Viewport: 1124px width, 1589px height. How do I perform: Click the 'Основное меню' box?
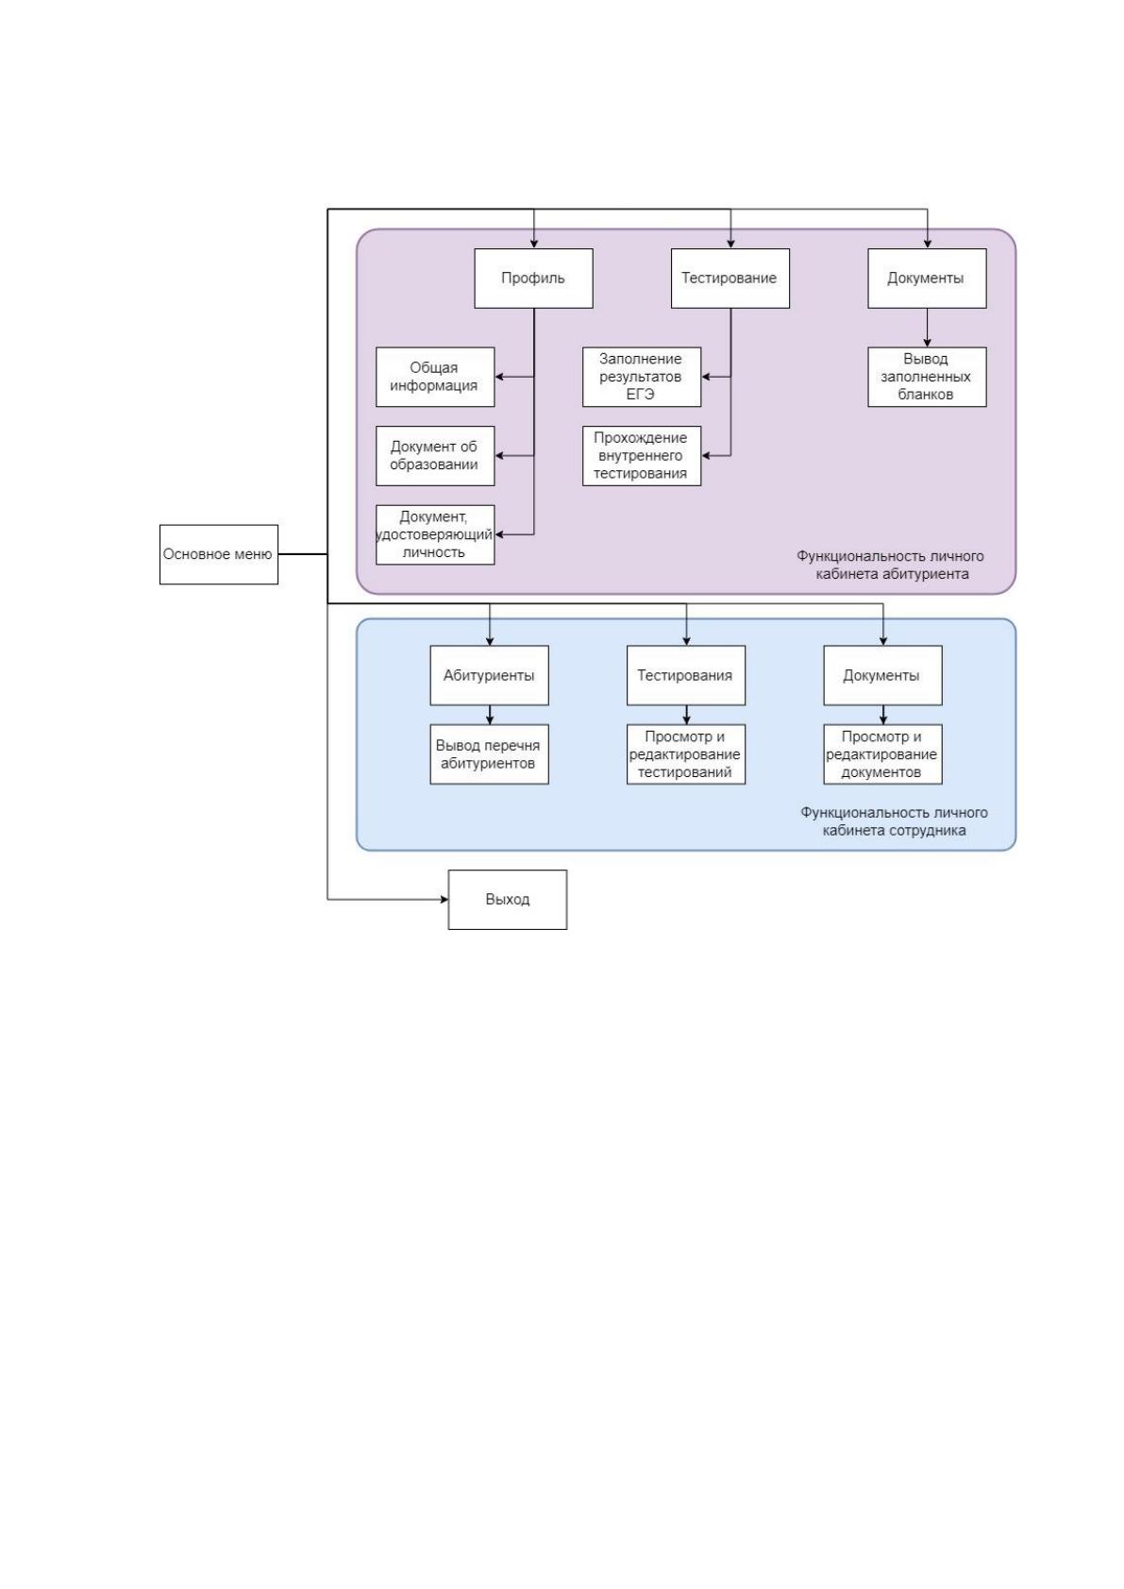click(218, 554)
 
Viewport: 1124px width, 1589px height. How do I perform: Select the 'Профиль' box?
click(533, 279)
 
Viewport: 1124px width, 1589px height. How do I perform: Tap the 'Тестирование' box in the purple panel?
click(730, 279)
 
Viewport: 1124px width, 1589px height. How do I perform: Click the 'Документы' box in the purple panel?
click(927, 279)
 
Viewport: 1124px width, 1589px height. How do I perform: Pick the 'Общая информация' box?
click(435, 377)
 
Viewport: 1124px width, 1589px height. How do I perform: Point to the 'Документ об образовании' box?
click(435, 455)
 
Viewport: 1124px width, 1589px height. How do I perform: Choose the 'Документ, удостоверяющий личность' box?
click(435, 534)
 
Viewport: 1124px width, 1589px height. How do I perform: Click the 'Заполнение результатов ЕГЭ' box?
click(642, 377)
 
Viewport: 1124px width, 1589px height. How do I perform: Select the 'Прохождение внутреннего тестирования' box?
click(642, 455)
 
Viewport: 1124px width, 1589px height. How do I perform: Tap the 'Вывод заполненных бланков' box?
click(927, 377)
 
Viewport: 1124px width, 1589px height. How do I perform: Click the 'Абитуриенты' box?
click(489, 675)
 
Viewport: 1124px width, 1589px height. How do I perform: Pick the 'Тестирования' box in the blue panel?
click(686, 675)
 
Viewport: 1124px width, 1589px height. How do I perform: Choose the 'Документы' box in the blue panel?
click(883, 675)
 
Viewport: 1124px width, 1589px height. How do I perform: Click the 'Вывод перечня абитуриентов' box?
click(489, 754)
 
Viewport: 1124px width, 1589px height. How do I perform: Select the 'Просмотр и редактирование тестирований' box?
click(686, 754)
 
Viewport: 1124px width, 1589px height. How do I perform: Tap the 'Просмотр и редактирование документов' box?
click(883, 754)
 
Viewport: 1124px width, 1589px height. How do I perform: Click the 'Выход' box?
click(507, 900)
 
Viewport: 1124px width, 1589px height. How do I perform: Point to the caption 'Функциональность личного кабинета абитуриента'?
click(891, 565)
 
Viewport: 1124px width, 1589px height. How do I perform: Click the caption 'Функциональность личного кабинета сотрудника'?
click(894, 820)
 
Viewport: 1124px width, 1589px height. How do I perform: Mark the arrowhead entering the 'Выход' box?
click(444, 900)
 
